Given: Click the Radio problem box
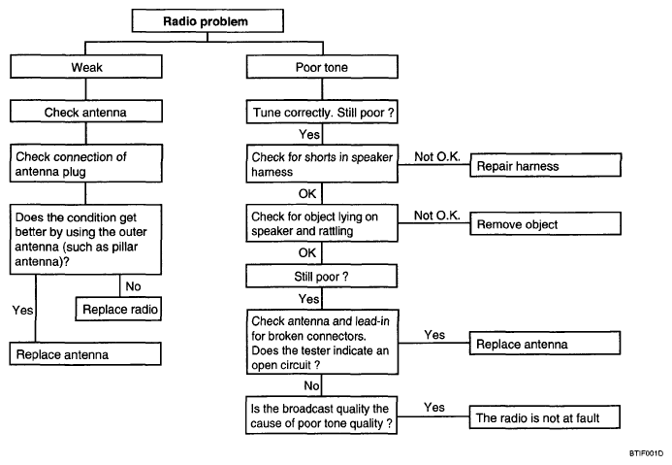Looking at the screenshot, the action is (x=208, y=21).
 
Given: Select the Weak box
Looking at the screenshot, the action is (x=86, y=66).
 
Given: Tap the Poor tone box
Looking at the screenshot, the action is (x=322, y=67).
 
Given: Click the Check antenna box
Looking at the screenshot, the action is (x=86, y=112).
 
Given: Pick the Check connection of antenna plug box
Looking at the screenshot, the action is (x=86, y=163).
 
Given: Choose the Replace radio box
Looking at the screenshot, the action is (x=118, y=309).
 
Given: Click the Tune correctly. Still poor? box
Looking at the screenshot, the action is (x=322, y=112).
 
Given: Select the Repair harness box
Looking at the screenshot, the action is (x=546, y=165).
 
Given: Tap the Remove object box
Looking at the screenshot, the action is (x=546, y=223).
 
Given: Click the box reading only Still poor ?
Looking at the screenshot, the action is (x=321, y=276).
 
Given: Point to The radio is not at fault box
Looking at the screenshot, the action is (x=545, y=417).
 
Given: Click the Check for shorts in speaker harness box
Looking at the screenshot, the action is (x=322, y=164).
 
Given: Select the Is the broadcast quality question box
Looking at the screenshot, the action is (x=321, y=415).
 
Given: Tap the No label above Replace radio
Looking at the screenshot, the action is (x=133, y=286).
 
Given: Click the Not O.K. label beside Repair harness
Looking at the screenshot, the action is (x=437, y=157).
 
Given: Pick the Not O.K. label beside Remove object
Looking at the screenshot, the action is (x=437, y=216).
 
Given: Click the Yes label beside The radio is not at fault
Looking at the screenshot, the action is (x=434, y=407).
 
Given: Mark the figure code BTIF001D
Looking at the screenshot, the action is (x=646, y=453).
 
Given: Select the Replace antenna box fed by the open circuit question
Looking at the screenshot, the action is (x=545, y=344).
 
